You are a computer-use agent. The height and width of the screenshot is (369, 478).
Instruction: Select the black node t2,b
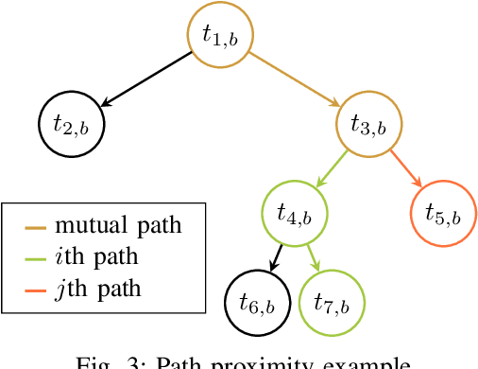72,123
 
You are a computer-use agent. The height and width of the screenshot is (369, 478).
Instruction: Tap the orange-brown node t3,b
369,123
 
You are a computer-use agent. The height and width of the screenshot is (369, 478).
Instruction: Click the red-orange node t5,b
443,213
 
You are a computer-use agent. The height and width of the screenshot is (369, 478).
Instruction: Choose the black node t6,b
257,303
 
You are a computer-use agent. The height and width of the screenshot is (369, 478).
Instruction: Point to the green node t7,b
332,303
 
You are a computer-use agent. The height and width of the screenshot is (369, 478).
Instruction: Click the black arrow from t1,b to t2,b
146,79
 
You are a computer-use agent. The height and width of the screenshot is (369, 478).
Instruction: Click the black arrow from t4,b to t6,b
277,257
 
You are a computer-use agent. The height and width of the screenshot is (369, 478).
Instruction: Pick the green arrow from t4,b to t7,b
313,257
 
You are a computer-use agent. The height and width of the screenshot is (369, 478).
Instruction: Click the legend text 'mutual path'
118,226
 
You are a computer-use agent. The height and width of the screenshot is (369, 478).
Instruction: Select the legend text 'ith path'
98,256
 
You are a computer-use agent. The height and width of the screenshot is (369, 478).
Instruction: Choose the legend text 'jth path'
98,287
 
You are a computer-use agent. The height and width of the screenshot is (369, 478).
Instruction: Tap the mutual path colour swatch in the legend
36,227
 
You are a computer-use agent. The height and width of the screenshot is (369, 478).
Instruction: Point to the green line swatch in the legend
36,257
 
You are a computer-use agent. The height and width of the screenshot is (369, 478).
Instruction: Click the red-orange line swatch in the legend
36,288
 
